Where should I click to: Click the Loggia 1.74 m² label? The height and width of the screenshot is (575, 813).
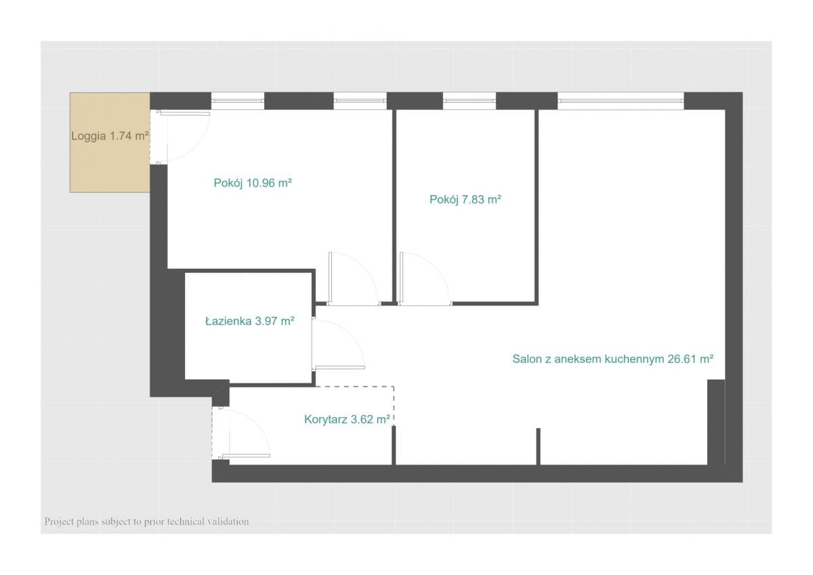pos(110,136)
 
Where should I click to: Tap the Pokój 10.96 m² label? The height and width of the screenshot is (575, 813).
pos(253,183)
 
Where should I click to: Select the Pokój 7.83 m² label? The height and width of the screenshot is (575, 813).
pos(465,200)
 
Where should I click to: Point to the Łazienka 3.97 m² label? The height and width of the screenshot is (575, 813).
pos(250,321)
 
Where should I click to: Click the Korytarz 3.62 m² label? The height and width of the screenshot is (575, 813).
pos(347,419)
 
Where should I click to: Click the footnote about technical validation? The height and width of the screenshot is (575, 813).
pos(146,521)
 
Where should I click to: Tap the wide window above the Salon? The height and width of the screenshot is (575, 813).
pos(621,101)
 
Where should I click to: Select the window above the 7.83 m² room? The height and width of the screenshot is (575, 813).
pos(470,101)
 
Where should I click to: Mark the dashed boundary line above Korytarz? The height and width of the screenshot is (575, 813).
pos(354,387)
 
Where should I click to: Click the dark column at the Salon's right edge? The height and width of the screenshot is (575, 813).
pos(716,422)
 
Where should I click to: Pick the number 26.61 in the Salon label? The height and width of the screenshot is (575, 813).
pos(682,359)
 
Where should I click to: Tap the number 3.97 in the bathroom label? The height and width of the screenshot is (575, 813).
pos(266,321)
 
